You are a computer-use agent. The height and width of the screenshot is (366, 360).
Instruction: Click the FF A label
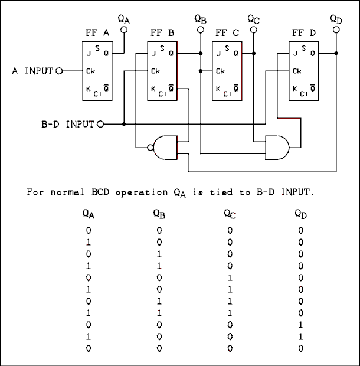[98, 32]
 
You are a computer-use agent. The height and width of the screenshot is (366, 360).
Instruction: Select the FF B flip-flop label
[162, 32]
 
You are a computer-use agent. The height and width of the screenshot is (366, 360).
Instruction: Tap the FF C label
[227, 32]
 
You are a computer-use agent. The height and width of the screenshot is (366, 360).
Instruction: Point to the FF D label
[303, 32]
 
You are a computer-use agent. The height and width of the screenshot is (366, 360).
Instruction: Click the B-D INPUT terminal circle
[100, 125]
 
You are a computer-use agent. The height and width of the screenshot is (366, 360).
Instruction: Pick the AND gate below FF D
[277, 148]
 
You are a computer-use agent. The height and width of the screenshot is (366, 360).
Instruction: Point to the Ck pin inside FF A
[90, 71]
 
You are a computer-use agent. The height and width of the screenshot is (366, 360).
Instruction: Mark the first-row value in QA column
[88, 230]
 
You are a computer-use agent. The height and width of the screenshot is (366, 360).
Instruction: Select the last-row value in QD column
[300, 348]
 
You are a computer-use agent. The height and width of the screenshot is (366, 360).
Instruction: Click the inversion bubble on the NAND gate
[150, 148]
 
